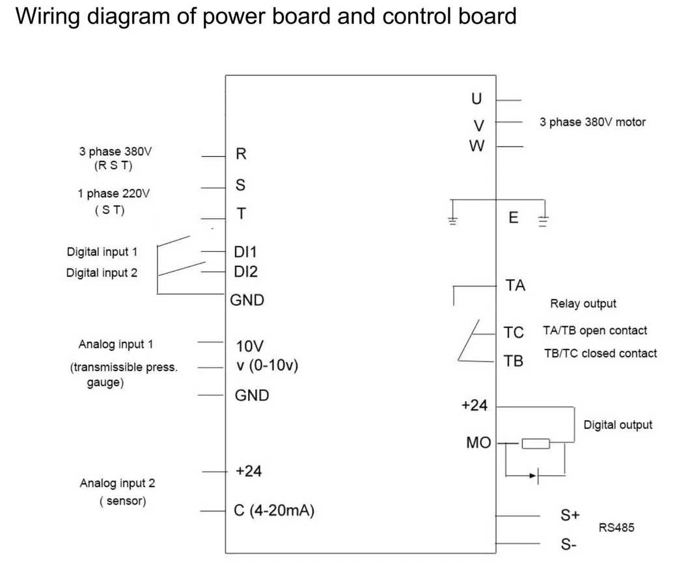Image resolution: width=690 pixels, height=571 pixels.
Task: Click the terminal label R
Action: point(241,154)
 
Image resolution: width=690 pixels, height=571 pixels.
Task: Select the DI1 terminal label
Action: point(246,252)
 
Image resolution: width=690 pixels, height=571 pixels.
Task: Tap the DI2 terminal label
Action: point(246,272)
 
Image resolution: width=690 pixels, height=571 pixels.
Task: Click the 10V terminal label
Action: point(250,346)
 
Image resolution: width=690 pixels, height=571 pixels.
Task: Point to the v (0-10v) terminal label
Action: point(267,365)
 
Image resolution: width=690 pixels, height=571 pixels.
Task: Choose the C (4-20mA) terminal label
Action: point(273,511)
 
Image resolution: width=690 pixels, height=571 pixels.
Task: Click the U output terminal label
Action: point(477,99)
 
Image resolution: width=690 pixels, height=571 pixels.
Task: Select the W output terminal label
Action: point(477,146)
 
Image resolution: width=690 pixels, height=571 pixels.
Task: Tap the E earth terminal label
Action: point(514,218)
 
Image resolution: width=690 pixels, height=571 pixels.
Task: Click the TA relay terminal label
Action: point(515,285)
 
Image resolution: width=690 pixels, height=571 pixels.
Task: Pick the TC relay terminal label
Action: point(514,333)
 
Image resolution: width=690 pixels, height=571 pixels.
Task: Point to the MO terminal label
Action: point(478,443)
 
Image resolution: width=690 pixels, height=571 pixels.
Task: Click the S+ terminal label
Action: point(570,515)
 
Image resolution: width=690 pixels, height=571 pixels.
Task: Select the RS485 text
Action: point(616,528)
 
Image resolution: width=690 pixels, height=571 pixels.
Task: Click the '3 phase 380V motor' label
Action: point(592,122)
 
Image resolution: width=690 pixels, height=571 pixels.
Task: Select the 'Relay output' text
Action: point(583,303)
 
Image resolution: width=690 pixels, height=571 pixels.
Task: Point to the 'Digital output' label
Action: point(617,425)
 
